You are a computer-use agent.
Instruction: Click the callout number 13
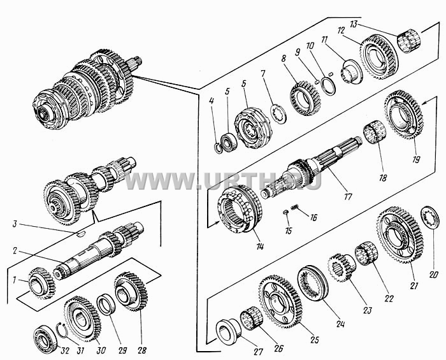(353, 24)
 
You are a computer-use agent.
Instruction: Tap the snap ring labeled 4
(218, 148)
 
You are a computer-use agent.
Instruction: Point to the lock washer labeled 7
(278, 114)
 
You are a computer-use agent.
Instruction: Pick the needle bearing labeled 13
(408, 42)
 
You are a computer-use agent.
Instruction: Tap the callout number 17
(348, 196)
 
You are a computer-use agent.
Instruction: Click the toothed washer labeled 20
(429, 217)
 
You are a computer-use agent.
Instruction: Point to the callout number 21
(414, 285)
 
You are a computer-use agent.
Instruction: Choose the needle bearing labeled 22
(366, 254)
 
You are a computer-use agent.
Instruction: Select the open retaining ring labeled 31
(62, 330)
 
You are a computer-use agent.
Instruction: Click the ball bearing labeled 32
(46, 339)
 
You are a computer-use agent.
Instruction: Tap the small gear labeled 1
(42, 283)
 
